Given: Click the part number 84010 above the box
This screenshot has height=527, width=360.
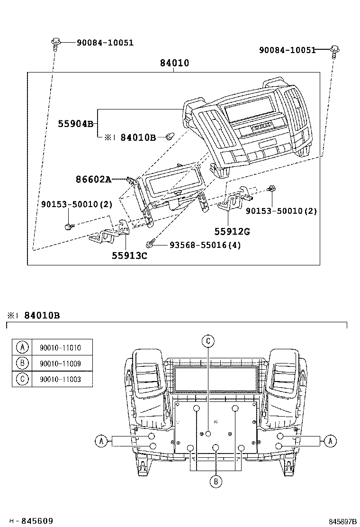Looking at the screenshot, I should (x=174, y=63).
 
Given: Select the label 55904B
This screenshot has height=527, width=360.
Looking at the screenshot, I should (x=76, y=124).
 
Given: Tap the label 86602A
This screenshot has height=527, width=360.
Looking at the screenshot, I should (x=93, y=179).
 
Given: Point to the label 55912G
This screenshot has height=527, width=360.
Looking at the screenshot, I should (x=232, y=231).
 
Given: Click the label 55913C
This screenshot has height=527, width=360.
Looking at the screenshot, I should (x=129, y=256).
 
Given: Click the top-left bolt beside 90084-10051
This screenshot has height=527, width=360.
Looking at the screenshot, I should (x=55, y=43).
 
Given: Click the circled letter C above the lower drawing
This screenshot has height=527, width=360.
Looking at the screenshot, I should (x=208, y=340).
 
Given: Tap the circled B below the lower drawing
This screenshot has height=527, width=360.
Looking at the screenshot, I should (x=216, y=481).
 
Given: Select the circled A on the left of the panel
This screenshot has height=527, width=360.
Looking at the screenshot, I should (x=100, y=441).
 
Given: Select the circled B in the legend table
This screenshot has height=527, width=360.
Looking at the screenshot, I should (x=22, y=363).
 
